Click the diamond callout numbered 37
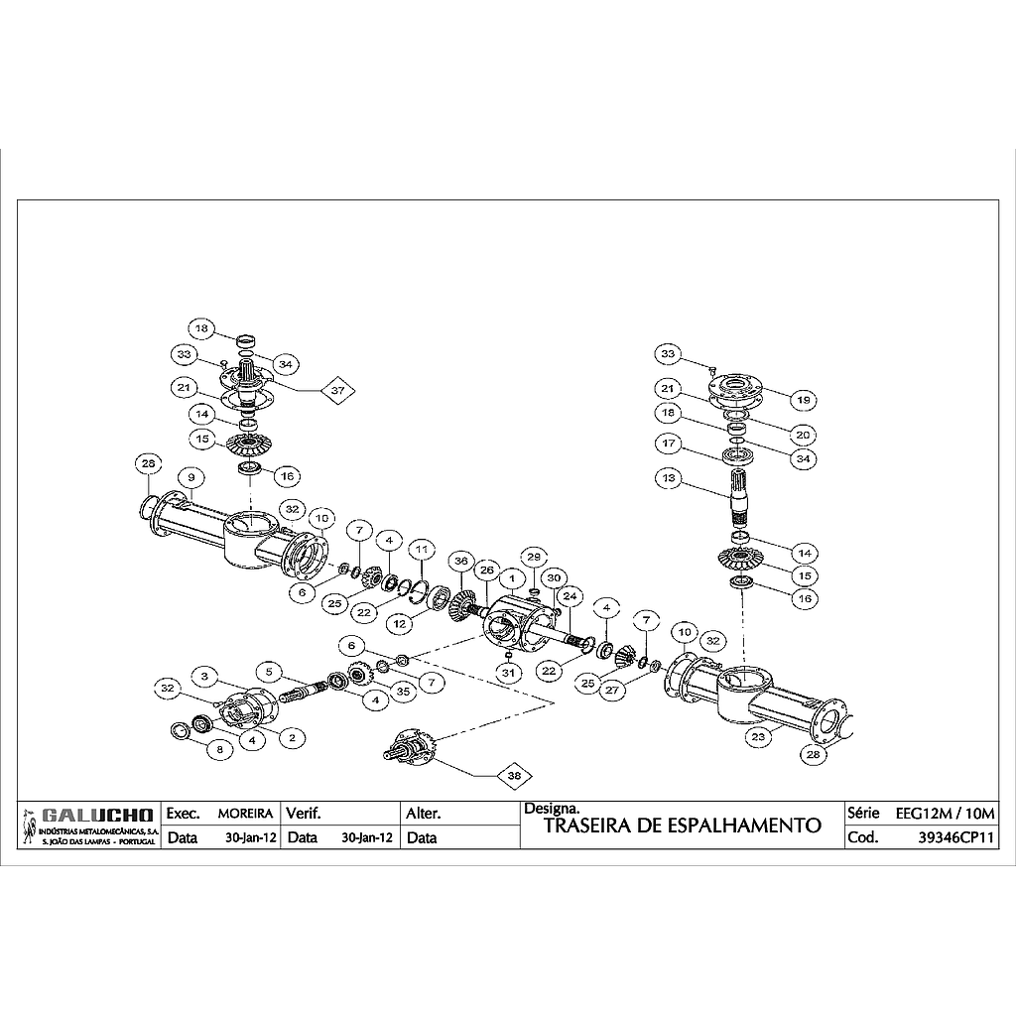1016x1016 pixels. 337,391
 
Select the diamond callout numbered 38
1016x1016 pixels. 514,777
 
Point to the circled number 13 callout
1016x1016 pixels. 669,478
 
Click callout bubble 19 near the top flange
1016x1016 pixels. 803,399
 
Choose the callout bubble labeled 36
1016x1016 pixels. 459,562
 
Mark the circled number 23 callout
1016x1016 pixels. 758,737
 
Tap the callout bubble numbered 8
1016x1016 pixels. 219,751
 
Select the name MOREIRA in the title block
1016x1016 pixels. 244,813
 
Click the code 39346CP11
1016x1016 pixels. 956,837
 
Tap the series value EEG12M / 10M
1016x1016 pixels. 945,813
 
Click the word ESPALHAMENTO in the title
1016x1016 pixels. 758,825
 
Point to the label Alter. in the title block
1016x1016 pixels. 425,813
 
